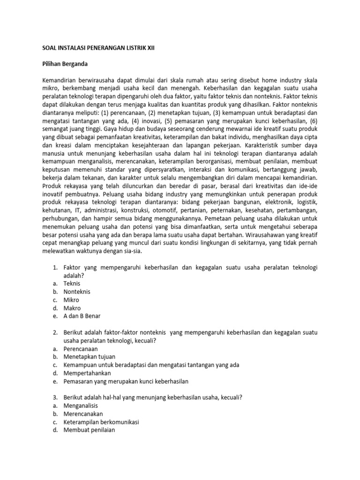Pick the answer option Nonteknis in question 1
click(77, 292)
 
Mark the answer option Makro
click(73, 308)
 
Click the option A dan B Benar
click(82, 316)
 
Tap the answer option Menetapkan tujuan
click(89, 357)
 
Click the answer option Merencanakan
click(83, 414)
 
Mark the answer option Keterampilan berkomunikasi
click(101, 422)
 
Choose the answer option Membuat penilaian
click(89, 430)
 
